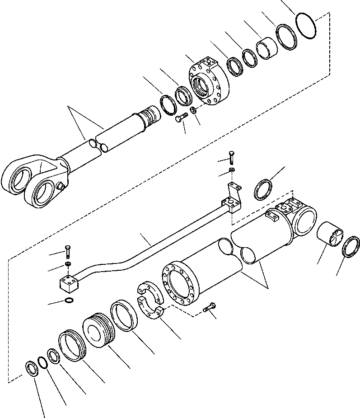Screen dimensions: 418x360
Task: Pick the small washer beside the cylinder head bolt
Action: tap(193, 111)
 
